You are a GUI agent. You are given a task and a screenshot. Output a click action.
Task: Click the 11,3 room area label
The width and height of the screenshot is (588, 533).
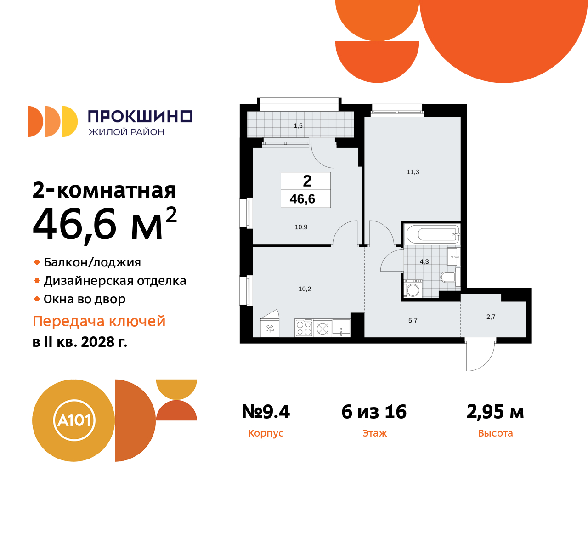click(x=413, y=172)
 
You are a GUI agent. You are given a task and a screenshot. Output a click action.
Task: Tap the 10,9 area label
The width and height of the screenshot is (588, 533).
click(x=301, y=227)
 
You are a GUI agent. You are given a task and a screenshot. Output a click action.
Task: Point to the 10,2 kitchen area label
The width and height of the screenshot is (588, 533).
click(x=305, y=289)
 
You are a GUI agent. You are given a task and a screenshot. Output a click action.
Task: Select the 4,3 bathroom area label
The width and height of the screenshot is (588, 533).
click(x=424, y=261)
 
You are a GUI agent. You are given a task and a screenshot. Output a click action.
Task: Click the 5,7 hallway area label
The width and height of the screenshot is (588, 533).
click(x=413, y=320)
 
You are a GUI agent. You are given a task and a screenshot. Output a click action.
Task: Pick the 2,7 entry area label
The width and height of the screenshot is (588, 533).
click(x=491, y=317)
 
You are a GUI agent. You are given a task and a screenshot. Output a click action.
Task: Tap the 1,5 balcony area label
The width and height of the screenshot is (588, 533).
click(x=298, y=125)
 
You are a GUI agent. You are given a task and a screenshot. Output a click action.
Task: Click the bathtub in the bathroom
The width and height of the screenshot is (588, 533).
click(x=432, y=234)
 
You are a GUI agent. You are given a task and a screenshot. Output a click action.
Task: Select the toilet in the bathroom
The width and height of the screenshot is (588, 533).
click(x=447, y=277)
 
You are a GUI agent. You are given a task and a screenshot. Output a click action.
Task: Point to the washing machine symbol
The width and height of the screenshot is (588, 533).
click(x=413, y=289)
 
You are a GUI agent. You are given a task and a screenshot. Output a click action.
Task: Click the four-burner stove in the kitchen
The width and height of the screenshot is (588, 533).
click(x=304, y=328)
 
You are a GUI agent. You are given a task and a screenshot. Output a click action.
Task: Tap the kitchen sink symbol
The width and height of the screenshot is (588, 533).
click(x=341, y=327)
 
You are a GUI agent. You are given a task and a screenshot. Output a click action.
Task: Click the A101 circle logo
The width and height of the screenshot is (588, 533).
click(x=74, y=420)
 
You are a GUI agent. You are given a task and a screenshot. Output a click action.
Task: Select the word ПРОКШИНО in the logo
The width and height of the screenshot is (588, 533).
click(x=140, y=116)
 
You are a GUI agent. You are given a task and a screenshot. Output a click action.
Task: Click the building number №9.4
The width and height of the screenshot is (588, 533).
click(x=266, y=412)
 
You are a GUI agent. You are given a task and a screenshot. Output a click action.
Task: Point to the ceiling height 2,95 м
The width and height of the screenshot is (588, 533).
click(x=495, y=412)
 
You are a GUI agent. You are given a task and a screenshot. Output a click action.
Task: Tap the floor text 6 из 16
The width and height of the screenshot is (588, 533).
click(x=374, y=412)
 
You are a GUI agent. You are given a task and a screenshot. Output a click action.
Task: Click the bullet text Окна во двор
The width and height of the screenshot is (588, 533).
click(x=85, y=299)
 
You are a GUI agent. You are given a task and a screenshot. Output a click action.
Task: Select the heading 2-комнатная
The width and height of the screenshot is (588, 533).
click(x=104, y=190)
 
